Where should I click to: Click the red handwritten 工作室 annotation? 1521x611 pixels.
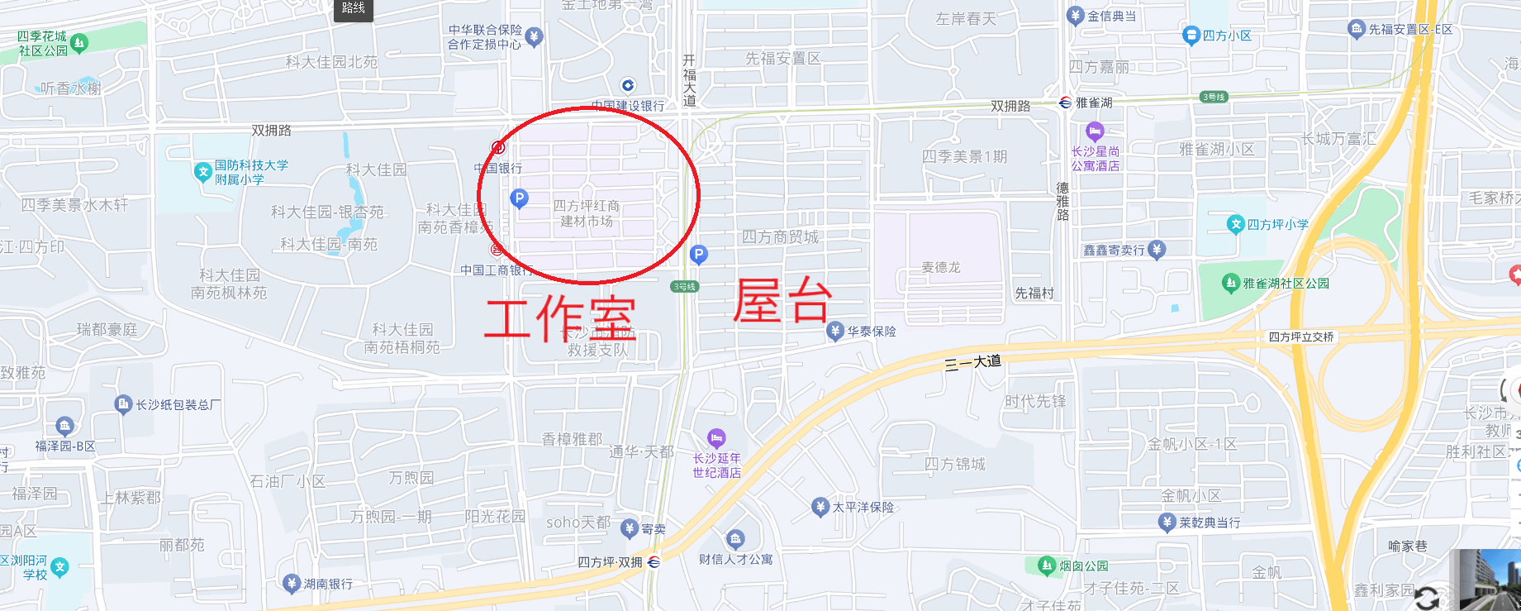pos(560,318)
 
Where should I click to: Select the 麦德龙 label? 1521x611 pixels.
pos(941,267)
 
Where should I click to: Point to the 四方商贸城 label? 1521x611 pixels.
pos(780,237)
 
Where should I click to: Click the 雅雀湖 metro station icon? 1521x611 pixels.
pos(1066,103)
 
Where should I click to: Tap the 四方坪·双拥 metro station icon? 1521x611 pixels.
pos(654,562)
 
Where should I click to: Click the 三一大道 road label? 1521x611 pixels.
pos(972,362)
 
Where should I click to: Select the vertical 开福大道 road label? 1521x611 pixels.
pos(689,80)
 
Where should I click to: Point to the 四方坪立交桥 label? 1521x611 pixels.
pos(1301,337)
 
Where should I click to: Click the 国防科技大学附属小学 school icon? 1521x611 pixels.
pos(202,172)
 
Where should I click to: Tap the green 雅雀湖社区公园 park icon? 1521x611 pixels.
pos(1230,284)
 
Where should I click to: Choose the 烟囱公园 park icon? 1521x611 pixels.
pos(1047,566)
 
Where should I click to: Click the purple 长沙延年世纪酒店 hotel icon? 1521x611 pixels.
pos(716,437)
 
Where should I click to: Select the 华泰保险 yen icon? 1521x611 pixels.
pos(835,332)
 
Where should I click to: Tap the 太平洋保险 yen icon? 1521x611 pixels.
pos(820,507)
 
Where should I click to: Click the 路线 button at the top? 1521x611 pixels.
pos(353,8)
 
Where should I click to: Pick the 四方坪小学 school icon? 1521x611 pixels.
pos(1236,224)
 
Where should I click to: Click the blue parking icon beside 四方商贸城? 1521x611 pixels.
pos(698,255)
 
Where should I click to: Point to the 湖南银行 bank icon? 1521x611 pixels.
pos(291,584)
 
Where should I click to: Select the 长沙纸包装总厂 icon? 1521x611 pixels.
pos(123,404)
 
